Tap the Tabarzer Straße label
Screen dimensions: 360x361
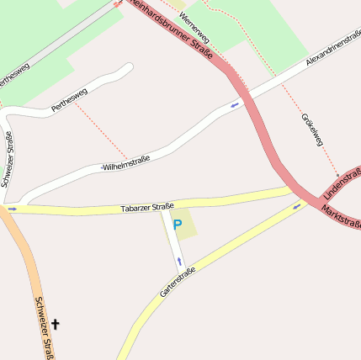point(147,206)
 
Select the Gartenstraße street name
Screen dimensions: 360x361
point(177,283)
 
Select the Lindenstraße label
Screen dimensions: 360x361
point(342,184)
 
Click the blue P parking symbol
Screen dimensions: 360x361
point(177,225)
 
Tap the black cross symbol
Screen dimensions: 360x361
point(56,323)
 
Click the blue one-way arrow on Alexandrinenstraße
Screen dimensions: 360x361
point(235,105)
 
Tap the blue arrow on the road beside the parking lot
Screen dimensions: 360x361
point(179,262)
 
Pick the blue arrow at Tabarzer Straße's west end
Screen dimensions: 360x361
point(12,208)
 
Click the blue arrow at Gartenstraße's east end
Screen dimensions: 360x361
point(296,206)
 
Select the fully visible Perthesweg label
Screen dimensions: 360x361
point(69,100)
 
